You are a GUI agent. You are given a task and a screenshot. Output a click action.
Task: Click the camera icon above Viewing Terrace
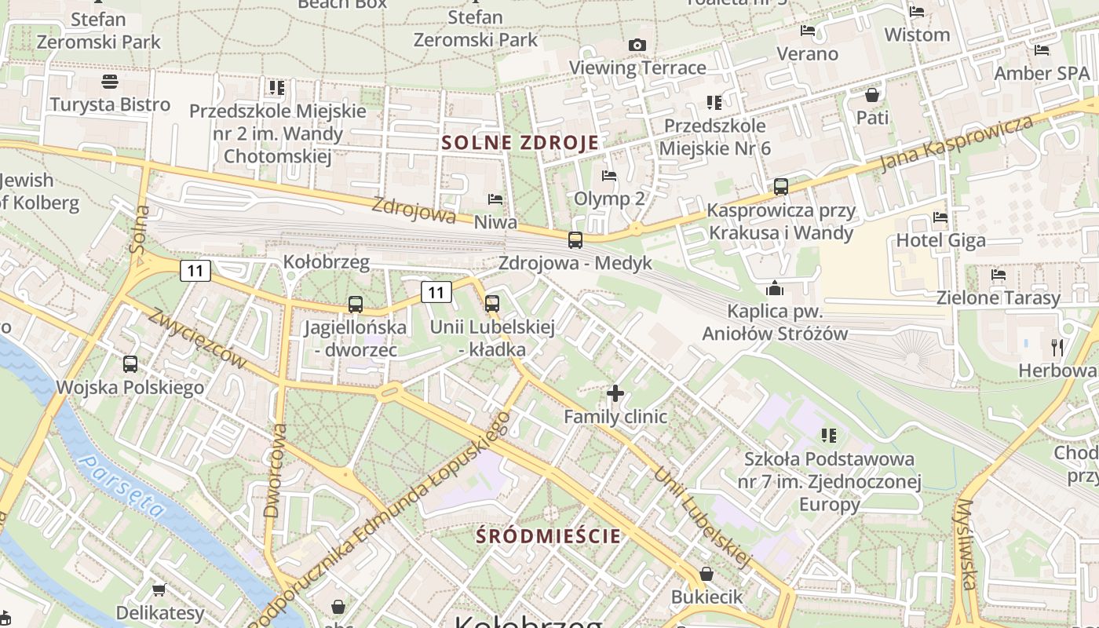click(x=637, y=46)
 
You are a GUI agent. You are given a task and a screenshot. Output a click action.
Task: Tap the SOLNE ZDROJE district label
click(x=520, y=143)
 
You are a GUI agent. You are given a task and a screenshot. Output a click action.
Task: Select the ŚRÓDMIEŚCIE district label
click(x=549, y=536)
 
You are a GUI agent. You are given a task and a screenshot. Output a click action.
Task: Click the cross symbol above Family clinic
click(x=615, y=392)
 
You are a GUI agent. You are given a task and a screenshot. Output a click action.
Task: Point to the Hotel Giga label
click(x=940, y=240)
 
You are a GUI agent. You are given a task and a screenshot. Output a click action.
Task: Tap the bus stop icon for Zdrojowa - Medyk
click(x=575, y=240)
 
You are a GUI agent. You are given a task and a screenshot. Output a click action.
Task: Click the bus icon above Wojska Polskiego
click(x=130, y=364)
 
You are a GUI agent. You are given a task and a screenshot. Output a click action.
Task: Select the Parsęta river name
click(x=123, y=487)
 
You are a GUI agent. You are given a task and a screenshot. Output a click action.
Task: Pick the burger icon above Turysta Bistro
click(x=110, y=82)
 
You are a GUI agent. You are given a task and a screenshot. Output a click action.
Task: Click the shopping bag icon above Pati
click(x=872, y=96)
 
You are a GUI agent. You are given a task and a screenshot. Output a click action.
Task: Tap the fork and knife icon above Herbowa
click(x=1057, y=347)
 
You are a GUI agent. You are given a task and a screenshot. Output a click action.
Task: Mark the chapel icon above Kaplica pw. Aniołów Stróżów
click(x=775, y=288)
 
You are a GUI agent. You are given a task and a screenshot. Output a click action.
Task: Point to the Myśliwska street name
click(x=968, y=544)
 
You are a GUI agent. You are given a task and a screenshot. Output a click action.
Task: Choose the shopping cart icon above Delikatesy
click(x=159, y=590)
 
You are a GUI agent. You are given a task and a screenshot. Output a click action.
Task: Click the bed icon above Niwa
click(x=495, y=199)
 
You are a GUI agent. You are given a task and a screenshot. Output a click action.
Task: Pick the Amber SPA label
click(x=1042, y=73)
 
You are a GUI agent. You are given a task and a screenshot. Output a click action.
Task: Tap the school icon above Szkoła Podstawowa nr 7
click(x=828, y=435)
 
